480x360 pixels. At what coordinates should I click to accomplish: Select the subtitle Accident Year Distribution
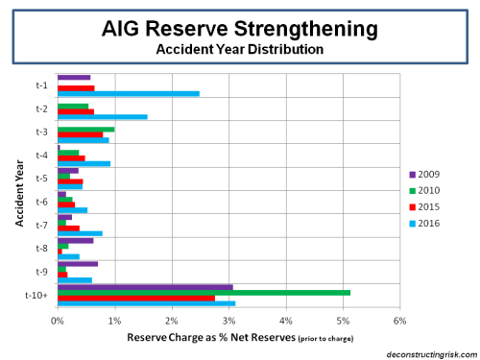click(239, 47)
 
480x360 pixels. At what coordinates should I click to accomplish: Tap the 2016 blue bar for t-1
click(129, 93)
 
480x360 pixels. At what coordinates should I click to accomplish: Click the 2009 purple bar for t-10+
click(145, 286)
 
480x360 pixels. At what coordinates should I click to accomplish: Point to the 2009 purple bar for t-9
click(78, 263)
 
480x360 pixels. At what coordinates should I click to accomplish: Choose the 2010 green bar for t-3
click(86, 129)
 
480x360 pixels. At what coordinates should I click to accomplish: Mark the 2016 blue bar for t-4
click(84, 163)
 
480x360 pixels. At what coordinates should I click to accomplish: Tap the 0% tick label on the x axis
click(58, 319)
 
